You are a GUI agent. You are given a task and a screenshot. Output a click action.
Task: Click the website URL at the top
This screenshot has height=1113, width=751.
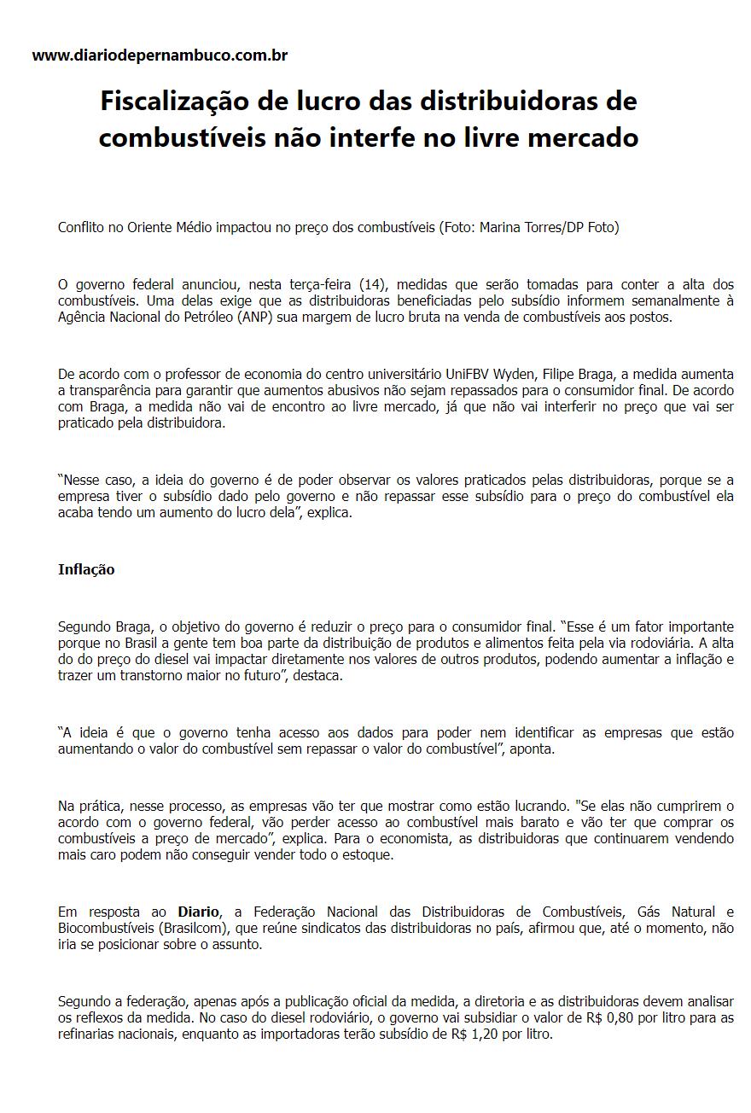click(x=160, y=55)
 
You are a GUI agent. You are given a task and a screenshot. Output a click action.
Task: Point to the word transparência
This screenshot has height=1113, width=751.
click(x=113, y=391)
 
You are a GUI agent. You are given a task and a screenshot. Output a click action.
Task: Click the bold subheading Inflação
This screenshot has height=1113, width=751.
click(x=86, y=569)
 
